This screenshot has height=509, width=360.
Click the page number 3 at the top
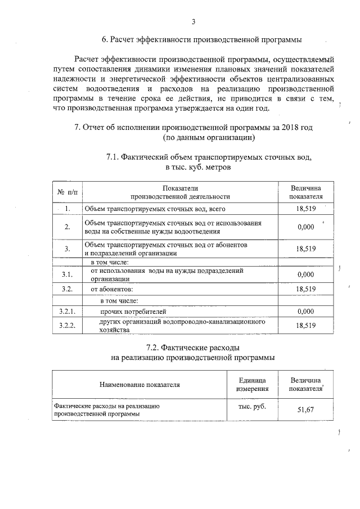193,22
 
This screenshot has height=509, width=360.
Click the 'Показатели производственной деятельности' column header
180,192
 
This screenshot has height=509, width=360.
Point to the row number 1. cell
67,209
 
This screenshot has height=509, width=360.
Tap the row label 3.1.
67,274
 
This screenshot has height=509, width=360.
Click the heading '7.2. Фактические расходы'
193,347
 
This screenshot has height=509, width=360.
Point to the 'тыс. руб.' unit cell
248,406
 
